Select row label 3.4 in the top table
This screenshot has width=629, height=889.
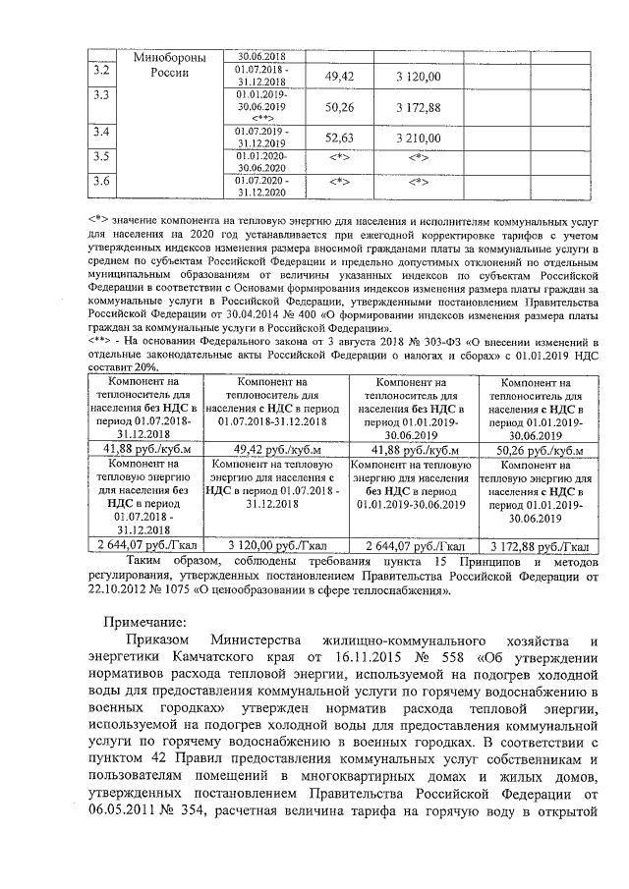100,132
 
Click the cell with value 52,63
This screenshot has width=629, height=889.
339,139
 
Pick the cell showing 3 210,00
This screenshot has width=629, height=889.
418,139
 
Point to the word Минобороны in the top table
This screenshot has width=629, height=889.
169,58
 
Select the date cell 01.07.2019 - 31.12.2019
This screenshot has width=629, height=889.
261,137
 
